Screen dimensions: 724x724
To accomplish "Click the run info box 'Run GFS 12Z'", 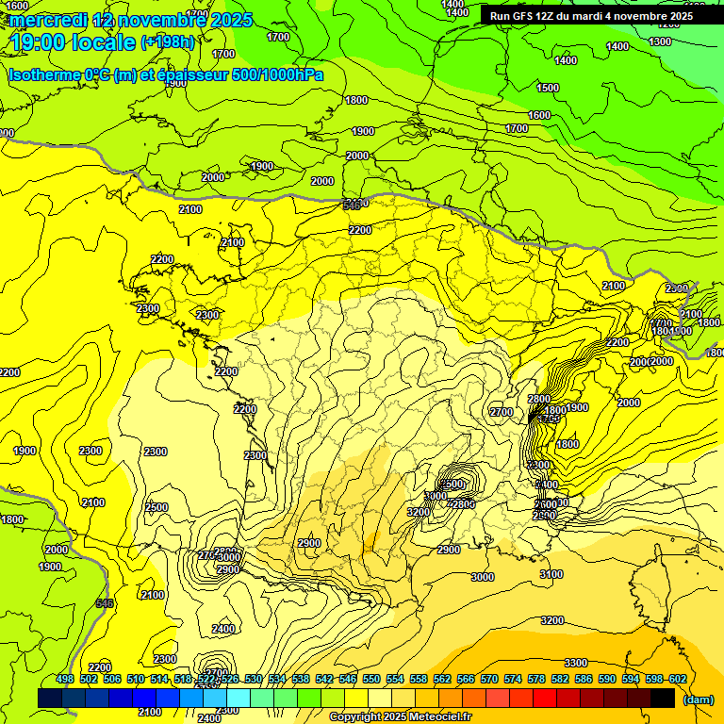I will [x=591, y=16].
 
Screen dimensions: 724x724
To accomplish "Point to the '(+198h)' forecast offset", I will [x=169, y=41].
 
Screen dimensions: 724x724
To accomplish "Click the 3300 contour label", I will [x=576, y=663].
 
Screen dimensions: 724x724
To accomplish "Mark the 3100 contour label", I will [x=551, y=574].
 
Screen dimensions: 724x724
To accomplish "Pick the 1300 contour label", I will [x=660, y=41].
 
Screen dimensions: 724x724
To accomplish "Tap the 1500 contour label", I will [x=548, y=88].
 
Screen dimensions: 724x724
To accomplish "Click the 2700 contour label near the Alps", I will [x=502, y=412].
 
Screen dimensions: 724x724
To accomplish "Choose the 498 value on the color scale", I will [x=65, y=680].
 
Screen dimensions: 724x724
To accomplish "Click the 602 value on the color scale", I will [x=677, y=680].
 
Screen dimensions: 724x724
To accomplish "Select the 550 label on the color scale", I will [x=371, y=680].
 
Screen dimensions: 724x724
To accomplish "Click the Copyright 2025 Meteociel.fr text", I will [x=400, y=717].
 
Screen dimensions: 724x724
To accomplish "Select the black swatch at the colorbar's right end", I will [x=663, y=698].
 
